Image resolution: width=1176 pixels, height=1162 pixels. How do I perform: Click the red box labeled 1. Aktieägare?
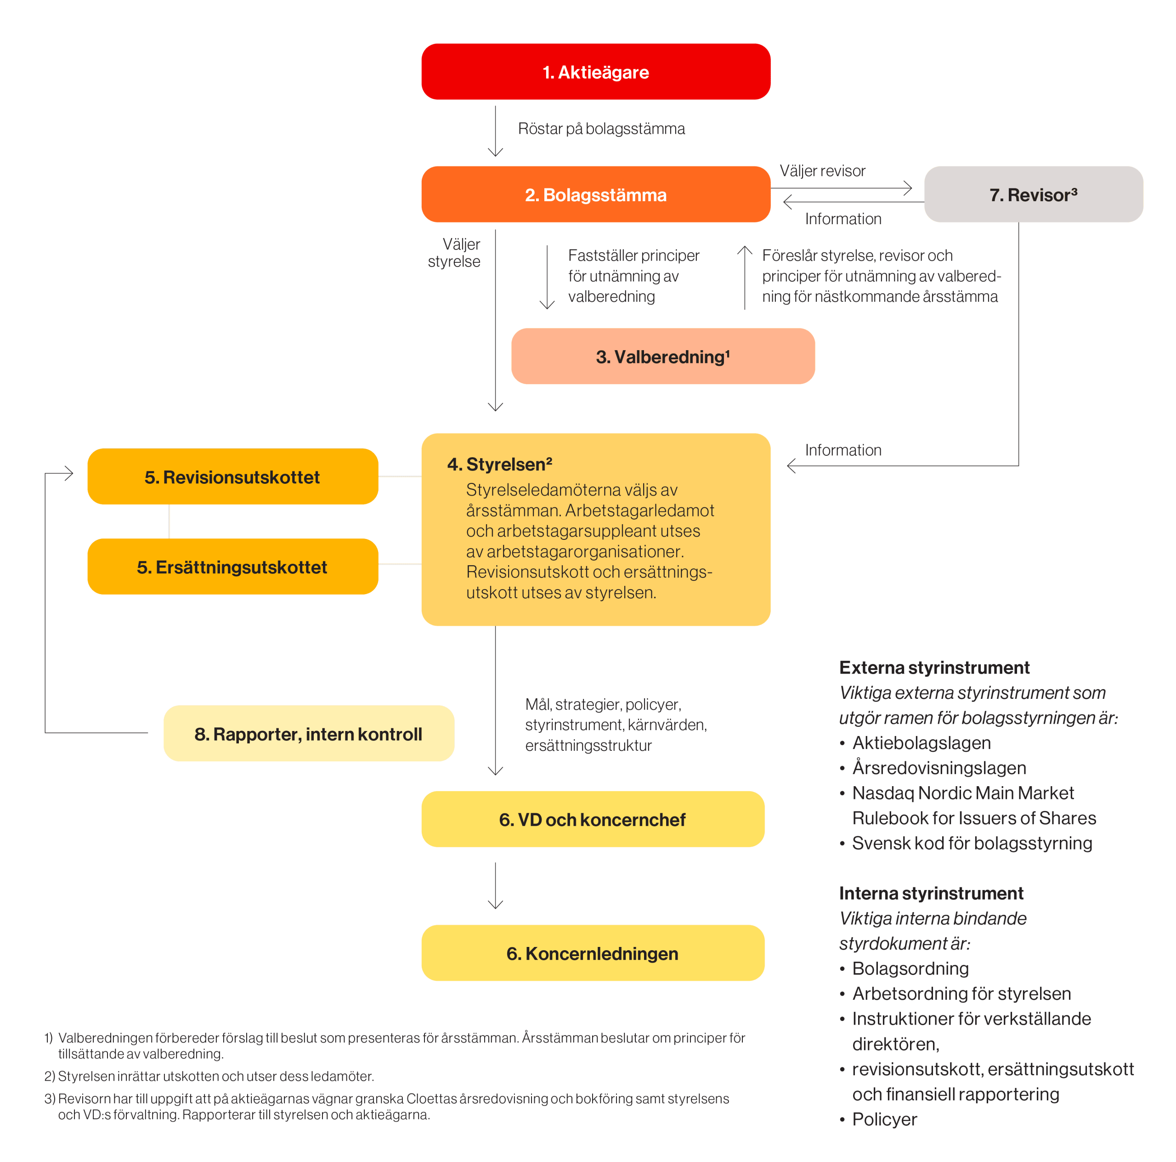595,71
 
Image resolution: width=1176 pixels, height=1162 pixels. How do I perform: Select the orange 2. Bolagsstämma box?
595,194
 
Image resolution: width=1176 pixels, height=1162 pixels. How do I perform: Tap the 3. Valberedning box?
663,356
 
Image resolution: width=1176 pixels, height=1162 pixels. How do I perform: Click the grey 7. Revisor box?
1033,194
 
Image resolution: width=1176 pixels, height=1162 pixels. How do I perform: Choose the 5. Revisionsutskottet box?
232,476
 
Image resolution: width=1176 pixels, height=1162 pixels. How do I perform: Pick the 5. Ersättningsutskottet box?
232,566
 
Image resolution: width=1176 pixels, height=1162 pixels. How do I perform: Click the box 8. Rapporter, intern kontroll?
309,733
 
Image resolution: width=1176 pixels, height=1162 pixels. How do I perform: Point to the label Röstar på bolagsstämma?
601,129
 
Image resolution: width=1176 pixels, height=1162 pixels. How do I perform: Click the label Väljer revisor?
822,170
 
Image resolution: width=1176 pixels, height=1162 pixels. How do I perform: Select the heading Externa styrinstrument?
934,667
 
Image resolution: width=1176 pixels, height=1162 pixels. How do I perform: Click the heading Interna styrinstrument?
931,893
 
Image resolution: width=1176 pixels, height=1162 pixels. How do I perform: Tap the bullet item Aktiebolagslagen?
922,743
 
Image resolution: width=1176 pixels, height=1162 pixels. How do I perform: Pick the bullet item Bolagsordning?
910,968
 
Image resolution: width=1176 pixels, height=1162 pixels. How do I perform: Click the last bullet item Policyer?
884,1119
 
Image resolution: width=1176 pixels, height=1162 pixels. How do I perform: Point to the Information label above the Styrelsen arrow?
843,450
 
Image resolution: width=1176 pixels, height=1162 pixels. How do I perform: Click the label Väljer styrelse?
454,253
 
